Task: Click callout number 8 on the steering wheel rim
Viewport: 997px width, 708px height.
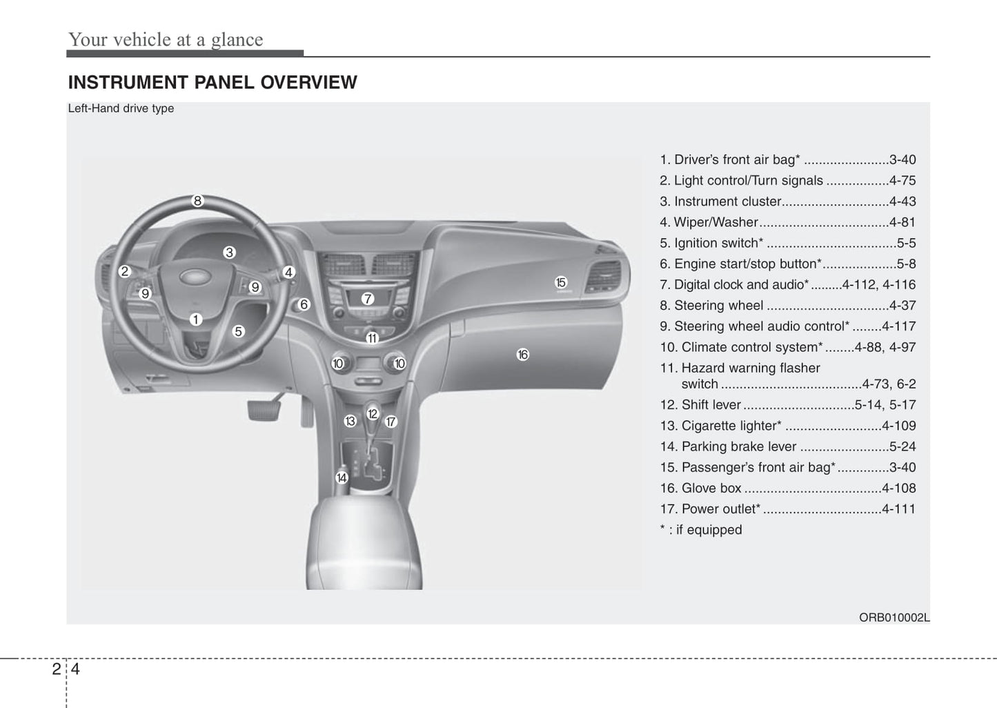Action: [x=197, y=201]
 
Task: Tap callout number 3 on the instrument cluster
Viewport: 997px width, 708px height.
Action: [x=229, y=253]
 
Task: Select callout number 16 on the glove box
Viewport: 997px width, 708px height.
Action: [x=522, y=355]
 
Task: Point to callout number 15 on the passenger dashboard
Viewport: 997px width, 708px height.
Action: [x=560, y=282]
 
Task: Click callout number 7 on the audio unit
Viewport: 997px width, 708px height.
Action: [x=368, y=299]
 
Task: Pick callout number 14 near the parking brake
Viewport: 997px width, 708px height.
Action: [x=341, y=478]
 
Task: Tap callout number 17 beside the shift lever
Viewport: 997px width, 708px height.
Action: [x=391, y=422]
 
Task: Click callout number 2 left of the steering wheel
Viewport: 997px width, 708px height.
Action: [x=125, y=271]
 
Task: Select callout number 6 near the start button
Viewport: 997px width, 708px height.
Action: [x=304, y=304]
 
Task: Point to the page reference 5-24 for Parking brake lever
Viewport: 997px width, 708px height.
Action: [x=902, y=446]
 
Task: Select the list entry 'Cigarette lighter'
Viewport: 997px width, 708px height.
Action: [x=731, y=426]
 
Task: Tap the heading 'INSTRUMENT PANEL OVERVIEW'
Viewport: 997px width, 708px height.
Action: [x=213, y=82]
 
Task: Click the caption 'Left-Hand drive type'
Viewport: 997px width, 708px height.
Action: [x=121, y=108]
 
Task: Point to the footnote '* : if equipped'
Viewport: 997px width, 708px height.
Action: [x=701, y=530]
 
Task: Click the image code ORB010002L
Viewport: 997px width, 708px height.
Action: [x=894, y=618]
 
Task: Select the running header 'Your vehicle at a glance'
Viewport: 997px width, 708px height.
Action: [x=166, y=39]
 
